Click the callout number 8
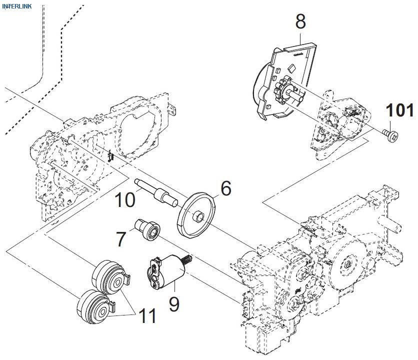[x=300, y=21]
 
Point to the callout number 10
[x=124, y=200]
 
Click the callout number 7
[x=121, y=238]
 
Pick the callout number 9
[x=173, y=303]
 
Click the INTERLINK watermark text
[x=16, y=6]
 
